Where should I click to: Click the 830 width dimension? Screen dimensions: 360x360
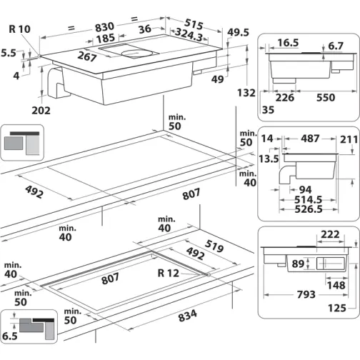(102, 23)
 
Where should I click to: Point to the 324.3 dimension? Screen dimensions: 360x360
(189, 34)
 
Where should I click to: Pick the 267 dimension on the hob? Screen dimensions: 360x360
(87, 57)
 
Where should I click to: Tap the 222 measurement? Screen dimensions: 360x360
(329, 234)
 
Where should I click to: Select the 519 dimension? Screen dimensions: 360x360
(213, 246)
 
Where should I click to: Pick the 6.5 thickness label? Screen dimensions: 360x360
(9, 334)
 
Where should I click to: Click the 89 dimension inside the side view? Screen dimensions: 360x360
(296, 264)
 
